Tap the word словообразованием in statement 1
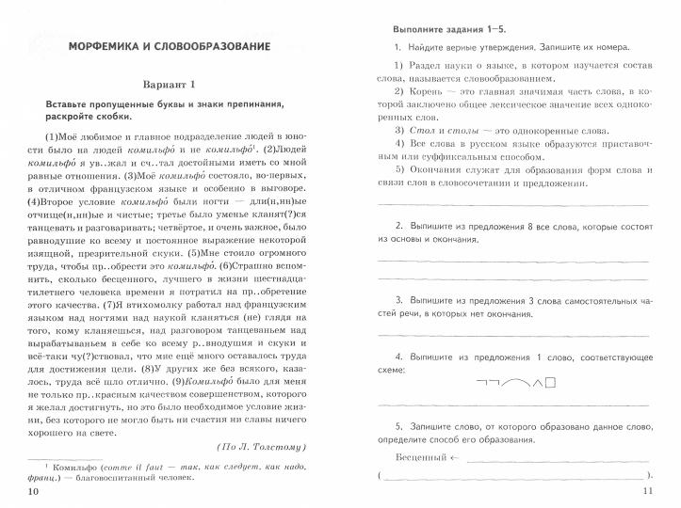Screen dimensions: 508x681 tap(479, 79)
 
